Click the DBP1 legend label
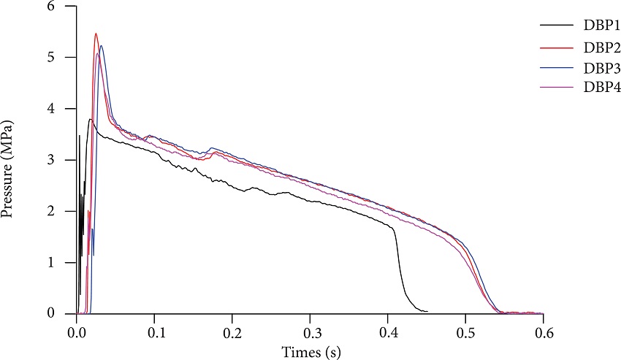click(x=602, y=27)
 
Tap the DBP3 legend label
click(x=602, y=68)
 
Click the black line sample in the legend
click(x=557, y=27)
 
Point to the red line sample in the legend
click(x=557, y=47)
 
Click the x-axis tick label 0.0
click(x=77, y=332)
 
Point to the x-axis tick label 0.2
click(x=232, y=332)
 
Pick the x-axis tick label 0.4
click(x=388, y=332)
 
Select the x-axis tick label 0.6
click(x=543, y=332)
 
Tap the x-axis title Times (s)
click(x=310, y=351)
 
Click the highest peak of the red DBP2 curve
click(x=96, y=34)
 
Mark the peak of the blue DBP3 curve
click(x=102, y=46)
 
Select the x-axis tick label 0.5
click(x=465, y=332)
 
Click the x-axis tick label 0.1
click(x=155, y=332)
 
